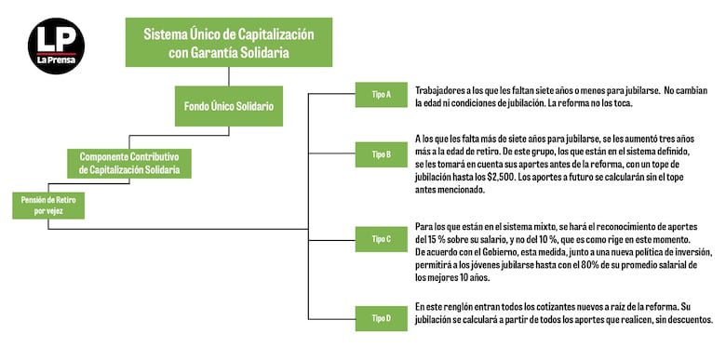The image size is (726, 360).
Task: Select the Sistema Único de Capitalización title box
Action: click(x=228, y=43)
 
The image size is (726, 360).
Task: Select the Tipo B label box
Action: click(x=382, y=153)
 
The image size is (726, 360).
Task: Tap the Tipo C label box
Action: click(x=382, y=239)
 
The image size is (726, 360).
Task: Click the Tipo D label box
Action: click(x=382, y=318)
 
